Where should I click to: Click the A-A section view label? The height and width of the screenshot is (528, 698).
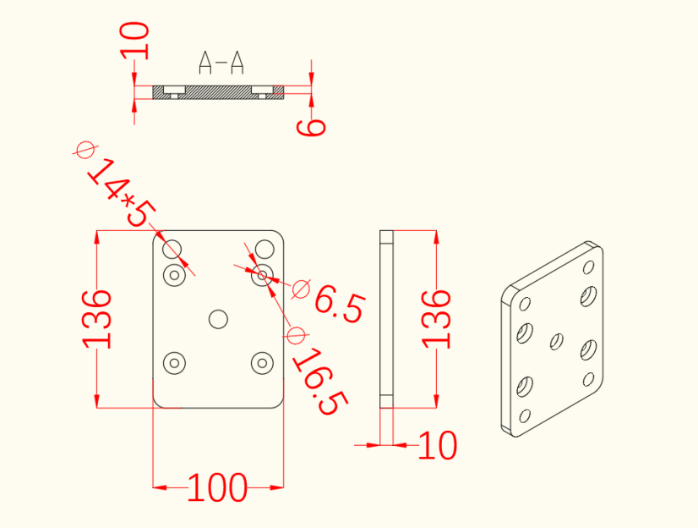221,63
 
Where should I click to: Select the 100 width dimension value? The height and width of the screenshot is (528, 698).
217,488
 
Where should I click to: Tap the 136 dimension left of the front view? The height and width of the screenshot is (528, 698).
96,319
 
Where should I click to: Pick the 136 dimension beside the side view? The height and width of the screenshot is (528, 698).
437,319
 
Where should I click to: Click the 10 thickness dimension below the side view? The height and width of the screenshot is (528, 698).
438,445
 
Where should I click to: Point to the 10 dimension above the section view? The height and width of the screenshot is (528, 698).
134,41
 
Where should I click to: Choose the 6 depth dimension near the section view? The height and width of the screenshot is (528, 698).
311,128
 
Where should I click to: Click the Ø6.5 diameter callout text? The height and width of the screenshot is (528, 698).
329,300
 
